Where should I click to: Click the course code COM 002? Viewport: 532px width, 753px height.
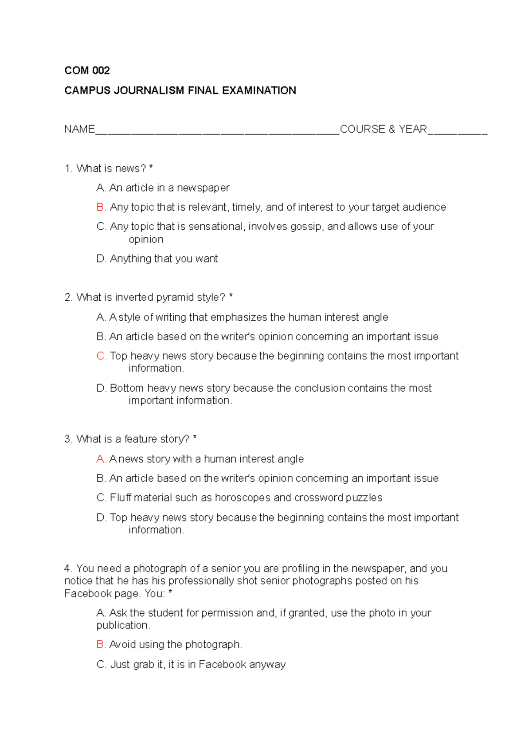tap(87, 71)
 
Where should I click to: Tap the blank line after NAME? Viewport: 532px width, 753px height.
tap(217, 131)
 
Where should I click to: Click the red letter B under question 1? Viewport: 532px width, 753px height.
tap(101, 207)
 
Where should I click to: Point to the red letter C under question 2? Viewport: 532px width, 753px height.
tap(101, 356)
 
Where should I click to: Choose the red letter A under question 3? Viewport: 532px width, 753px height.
tap(101, 459)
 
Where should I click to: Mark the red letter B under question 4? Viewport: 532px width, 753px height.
tap(101, 644)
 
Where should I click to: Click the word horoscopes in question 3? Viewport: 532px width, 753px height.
tap(243, 498)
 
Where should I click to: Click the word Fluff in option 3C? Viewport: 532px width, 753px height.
tap(120, 498)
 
